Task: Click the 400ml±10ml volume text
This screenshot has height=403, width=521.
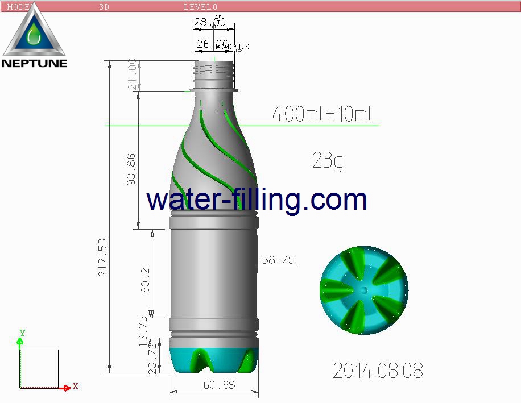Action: tap(322, 114)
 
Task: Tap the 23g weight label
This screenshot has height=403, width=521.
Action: tap(328, 161)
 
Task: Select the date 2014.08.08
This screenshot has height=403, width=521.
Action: tap(378, 371)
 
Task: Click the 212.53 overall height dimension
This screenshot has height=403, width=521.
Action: tap(103, 257)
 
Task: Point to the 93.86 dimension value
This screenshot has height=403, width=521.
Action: tap(131, 169)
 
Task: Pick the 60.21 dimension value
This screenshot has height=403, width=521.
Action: tap(146, 277)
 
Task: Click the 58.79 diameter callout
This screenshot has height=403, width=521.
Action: tap(278, 260)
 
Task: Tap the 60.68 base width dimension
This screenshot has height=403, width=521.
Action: tap(219, 385)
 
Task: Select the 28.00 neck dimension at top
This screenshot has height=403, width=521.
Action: tap(209, 22)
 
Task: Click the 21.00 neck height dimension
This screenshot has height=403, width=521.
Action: tap(132, 74)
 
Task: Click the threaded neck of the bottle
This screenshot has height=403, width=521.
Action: tap(214, 70)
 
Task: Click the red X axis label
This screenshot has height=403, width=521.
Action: tap(75, 386)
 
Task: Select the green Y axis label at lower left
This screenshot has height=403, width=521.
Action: tap(22, 333)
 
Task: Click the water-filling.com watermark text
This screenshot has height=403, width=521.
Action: tap(257, 200)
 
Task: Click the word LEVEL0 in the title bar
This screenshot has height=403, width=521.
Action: tap(200, 7)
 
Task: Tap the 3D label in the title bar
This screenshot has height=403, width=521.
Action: tap(104, 7)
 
